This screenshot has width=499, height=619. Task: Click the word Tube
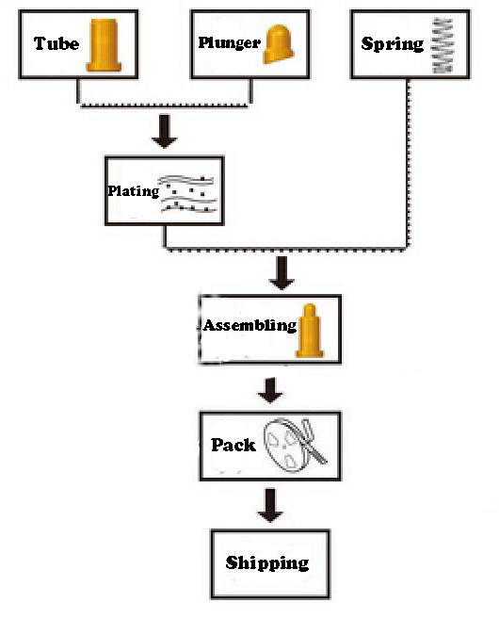[x=56, y=43]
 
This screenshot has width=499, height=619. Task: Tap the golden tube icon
[x=104, y=45]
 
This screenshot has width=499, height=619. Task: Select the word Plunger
[x=229, y=42]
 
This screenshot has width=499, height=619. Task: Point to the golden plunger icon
[x=279, y=44]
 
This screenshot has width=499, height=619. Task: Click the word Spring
[x=393, y=44]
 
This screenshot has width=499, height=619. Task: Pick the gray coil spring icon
[x=443, y=45]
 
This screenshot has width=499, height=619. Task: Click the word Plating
[x=134, y=191]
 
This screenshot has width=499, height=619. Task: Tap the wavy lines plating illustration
[x=188, y=193]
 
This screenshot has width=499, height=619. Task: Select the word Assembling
[x=249, y=325]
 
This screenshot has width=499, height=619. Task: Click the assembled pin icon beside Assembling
[x=310, y=331]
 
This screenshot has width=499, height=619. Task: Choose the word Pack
[x=233, y=445]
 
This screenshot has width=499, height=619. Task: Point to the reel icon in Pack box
[x=295, y=445]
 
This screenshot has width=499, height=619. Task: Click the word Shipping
[x=267, y=563]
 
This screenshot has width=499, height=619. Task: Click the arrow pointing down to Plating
[x=164, y=132]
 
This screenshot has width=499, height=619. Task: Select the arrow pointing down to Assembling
[x=282, y=273]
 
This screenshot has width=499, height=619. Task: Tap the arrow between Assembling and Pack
[x=270, y=390]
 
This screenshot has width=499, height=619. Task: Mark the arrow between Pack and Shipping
[x=270, y=505]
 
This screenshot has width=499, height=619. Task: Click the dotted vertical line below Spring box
[x=409, y=163]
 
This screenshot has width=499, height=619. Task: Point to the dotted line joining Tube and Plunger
[x=164, y=106]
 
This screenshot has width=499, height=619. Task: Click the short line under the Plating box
[x=165, y=236]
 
